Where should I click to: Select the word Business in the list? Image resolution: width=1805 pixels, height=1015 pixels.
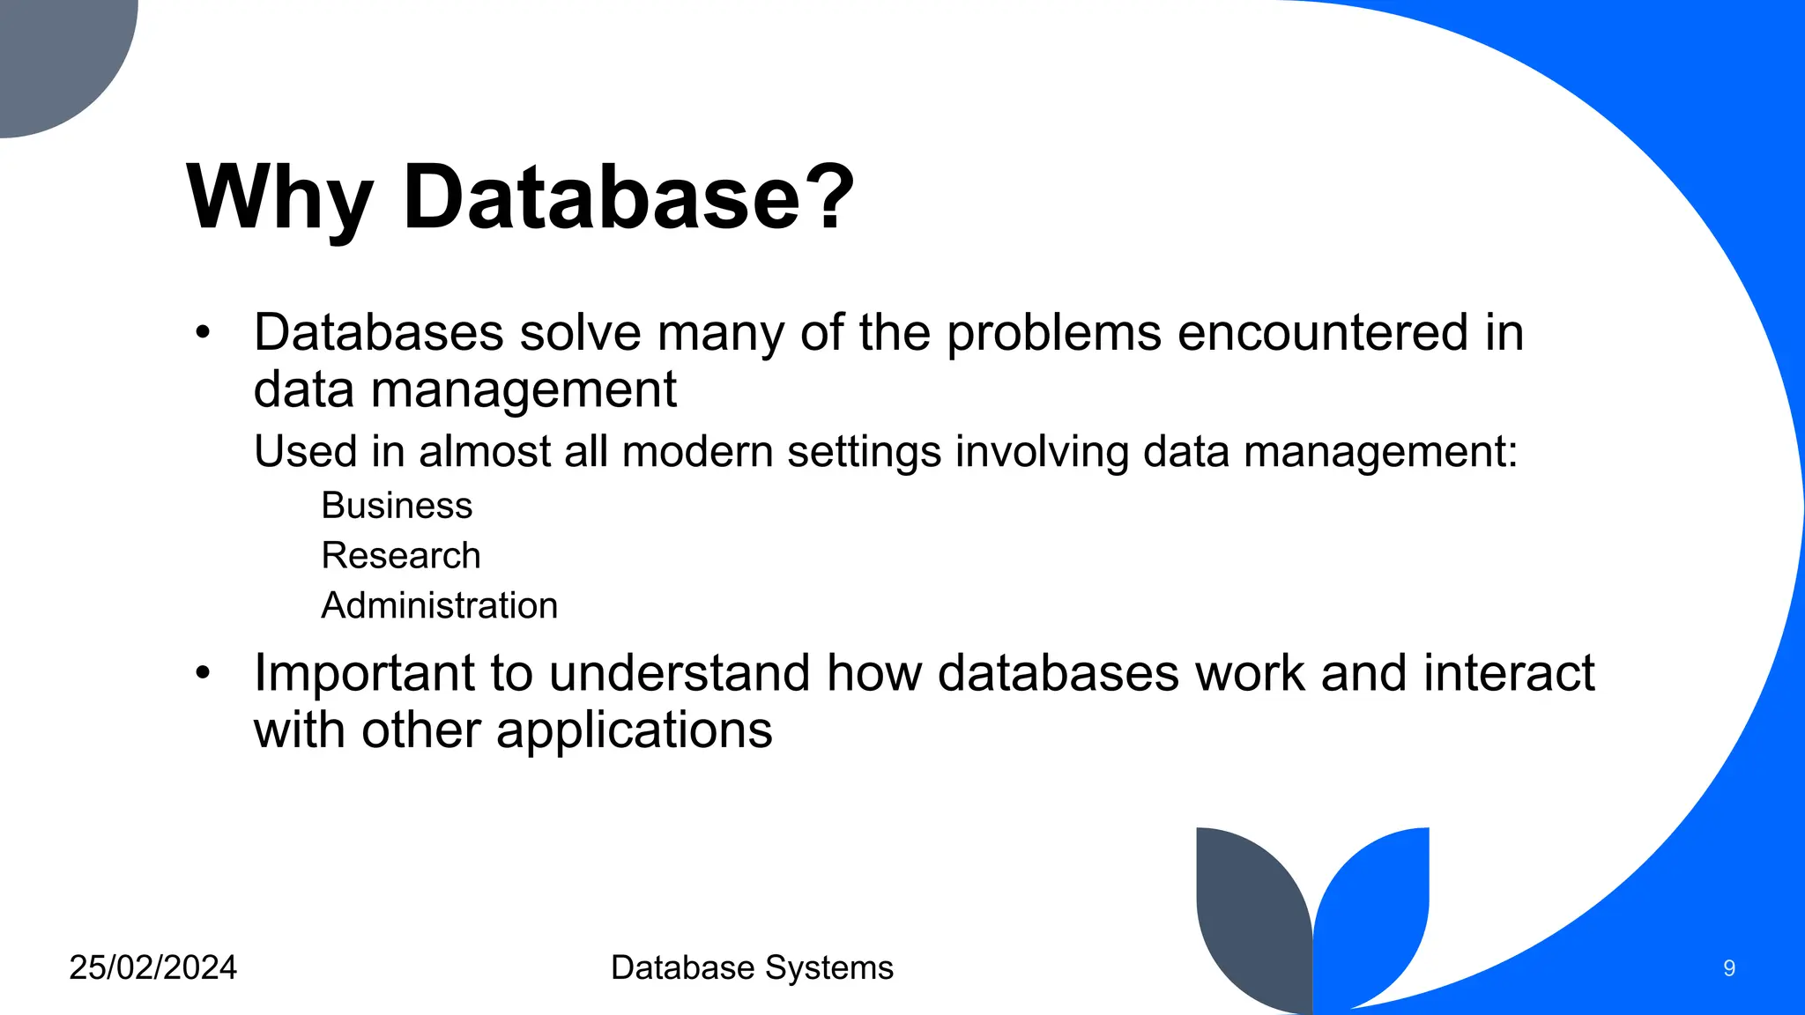pyautogui.click(x=397, y=506)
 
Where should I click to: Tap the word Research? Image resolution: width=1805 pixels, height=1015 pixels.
pyautogui.click(x=401, y=556)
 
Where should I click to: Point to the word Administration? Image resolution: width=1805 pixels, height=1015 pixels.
pyautogui.click(x=439, y=606)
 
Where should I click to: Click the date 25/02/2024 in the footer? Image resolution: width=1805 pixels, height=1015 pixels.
pyautogui.click(x=152, y=967)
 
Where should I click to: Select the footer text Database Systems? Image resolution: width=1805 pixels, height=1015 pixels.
pyautogui.click(x=752, y=967)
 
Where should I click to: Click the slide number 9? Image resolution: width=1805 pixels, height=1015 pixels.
pyautogui.click(x=1729, y=969)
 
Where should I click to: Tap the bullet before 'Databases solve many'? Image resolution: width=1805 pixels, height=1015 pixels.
pyautogui.click(x=204, y=333)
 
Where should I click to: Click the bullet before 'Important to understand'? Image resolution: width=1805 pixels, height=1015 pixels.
pyautogui.click(x=204, y=674)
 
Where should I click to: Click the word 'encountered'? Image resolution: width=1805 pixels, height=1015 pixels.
pyautogui.click(x=1322, y=333)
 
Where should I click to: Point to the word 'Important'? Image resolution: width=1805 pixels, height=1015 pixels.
pyautogui.click(x=364, y=674)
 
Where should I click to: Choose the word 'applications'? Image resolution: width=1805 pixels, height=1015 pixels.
pyautogui.click(x=634, y=730)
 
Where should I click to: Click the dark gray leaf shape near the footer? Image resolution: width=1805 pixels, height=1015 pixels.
pyautogui.click(x=1252, y=916)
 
